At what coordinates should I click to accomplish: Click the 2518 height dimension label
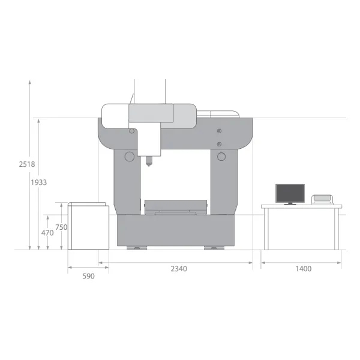click(27, 164)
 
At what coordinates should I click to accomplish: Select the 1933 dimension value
click(39, 182)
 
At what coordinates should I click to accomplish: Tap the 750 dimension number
click(61, 227)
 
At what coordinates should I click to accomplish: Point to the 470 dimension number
click(47, 233)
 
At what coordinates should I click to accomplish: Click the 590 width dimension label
click(88, 276)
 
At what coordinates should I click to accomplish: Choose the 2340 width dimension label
click(179, 269)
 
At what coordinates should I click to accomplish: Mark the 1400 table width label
click(303, 269)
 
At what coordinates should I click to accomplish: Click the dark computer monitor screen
click(290, 193)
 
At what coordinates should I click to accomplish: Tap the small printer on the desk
click(322, 199)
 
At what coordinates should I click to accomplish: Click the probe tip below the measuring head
click(149, 165)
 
